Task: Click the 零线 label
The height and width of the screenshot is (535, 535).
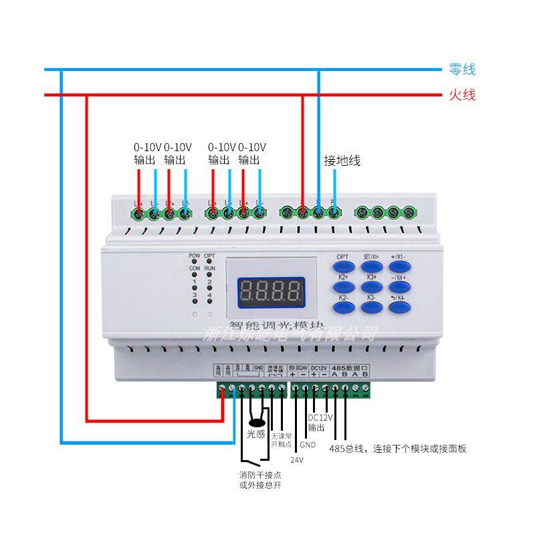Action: (461, 70)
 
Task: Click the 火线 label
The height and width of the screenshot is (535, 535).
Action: (461, 95)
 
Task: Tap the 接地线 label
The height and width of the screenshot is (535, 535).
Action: (342, 160)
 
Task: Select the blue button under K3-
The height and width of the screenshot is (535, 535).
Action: (372, 307)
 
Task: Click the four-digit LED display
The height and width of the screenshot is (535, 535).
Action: (271, 291)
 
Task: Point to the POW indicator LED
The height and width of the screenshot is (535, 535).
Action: (195, 261)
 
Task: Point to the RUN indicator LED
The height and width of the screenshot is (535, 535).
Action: (210, 274)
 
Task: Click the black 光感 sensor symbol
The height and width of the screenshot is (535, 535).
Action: (255, 422)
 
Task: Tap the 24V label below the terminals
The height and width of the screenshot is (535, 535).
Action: (296, 460)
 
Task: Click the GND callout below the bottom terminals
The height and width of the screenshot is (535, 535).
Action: (308, 445)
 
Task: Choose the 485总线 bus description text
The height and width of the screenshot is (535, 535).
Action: (399, 449)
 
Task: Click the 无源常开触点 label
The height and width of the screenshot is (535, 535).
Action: (282, 439)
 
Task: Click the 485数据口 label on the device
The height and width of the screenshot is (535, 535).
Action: (350, 368)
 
